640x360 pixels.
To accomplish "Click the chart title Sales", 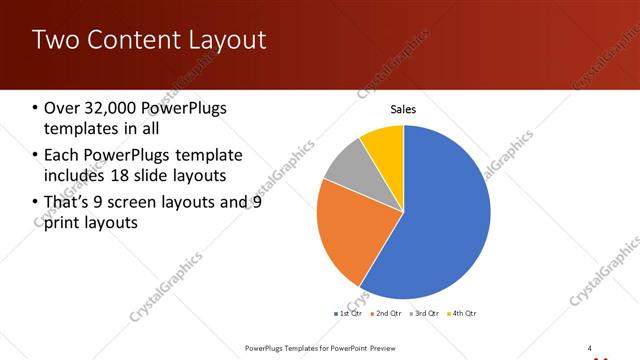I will [403, 110].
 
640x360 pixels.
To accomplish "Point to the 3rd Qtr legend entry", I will [426, 313].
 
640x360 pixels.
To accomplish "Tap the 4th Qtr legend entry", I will [463, 313].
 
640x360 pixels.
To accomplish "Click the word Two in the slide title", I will [52, 40].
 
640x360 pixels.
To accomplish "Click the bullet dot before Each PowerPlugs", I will [35, 156].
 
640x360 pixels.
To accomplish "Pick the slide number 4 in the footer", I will [590, 348].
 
